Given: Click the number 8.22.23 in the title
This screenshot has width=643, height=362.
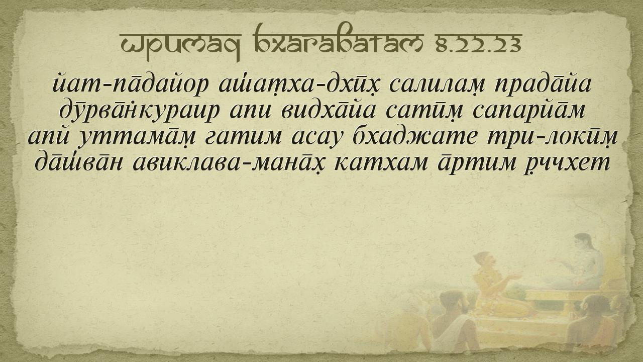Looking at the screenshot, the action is pos(479,44).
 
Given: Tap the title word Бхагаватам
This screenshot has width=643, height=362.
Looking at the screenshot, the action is pos(339,42).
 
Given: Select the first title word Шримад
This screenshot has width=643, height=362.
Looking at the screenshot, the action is pos(180,46).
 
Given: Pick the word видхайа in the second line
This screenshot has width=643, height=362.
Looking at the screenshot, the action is pos(328,110).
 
